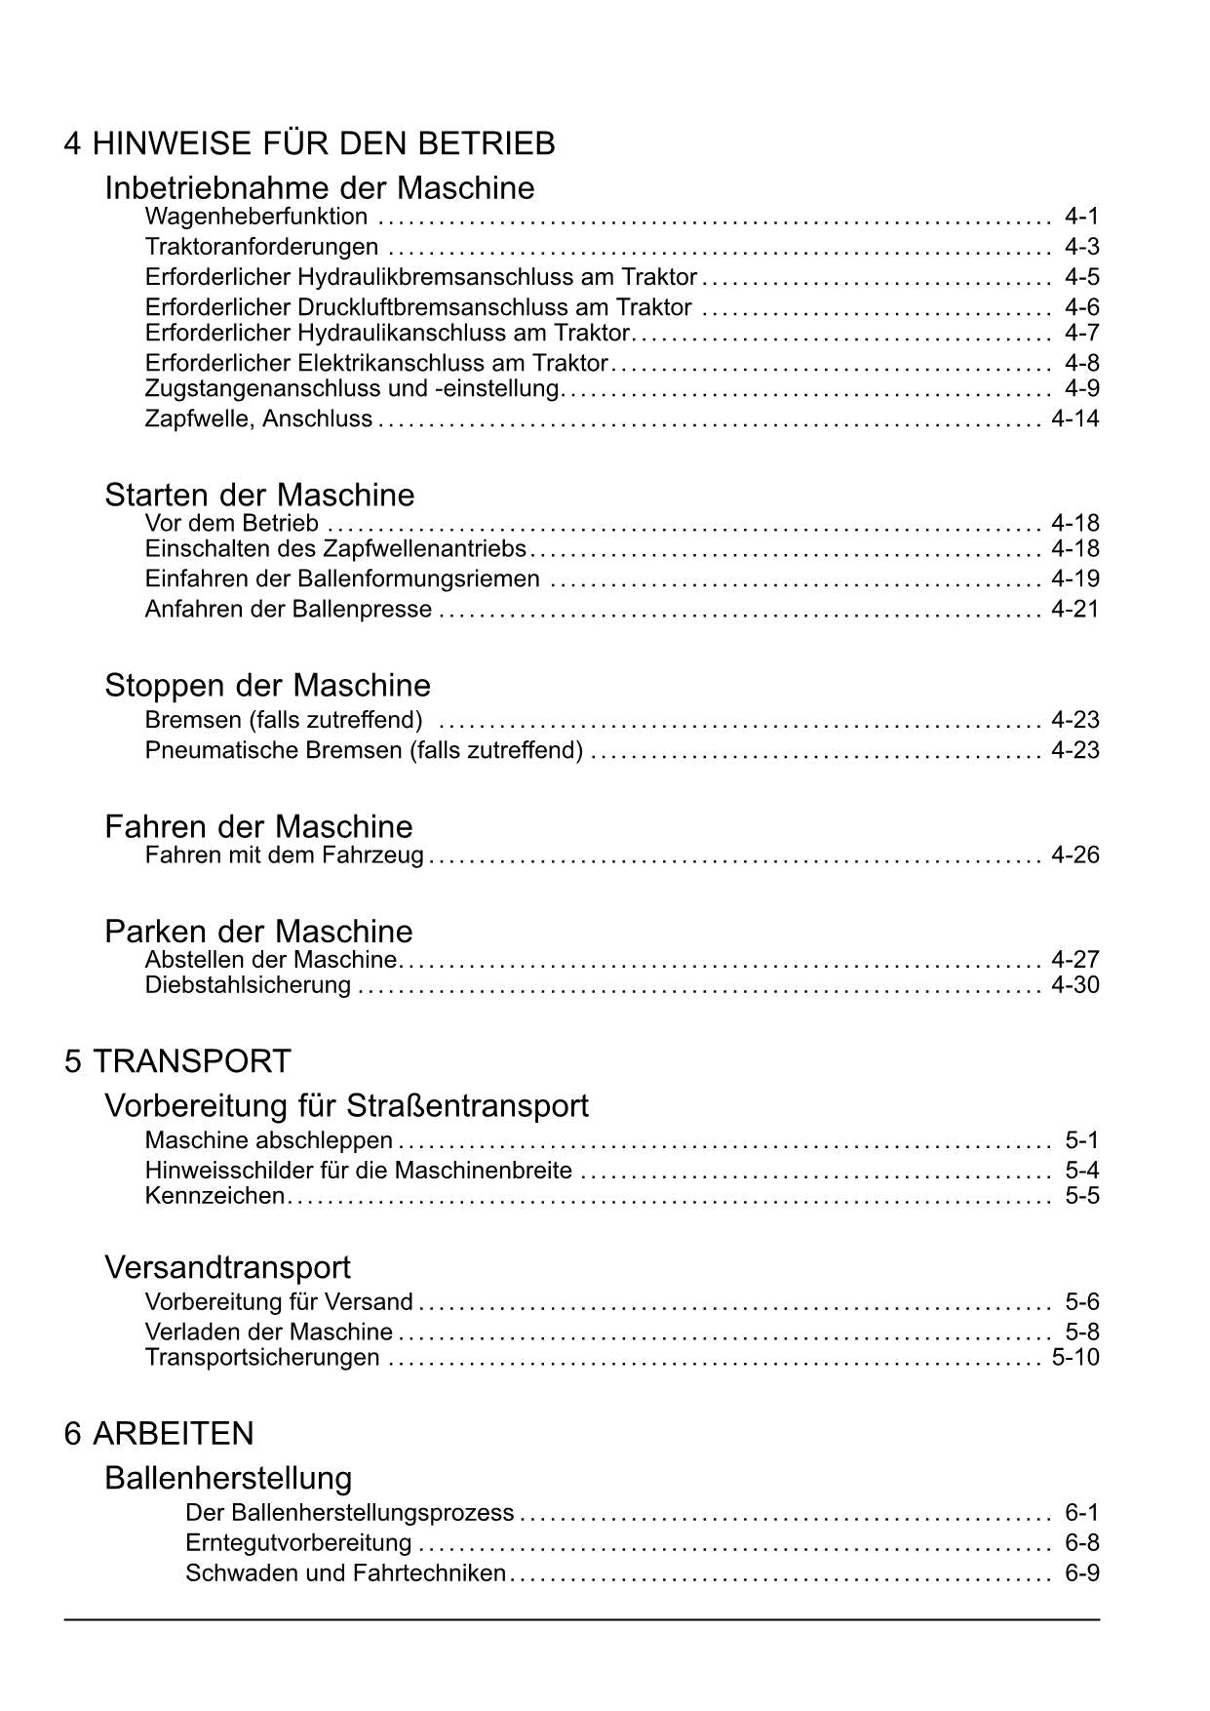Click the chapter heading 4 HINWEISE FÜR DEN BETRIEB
(x=309, y=144)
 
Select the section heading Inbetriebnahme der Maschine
(x=320, y=187)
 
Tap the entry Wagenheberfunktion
(x=256, y=217)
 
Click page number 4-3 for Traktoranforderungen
(x=1081, y=247)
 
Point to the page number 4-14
(x=1074, y=419)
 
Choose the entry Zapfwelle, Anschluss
(x=258, y=419)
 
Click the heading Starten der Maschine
(x=259, y=495)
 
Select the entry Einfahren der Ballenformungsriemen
(x=342, y=579)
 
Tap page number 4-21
(x=1074, y=610)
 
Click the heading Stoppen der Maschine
(x=267, y=686)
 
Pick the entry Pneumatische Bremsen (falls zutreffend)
(x=364, y=751)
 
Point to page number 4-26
(x=1074, y=855)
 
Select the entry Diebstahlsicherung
(x=248, y=985)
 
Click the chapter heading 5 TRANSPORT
(x=177, y=1061)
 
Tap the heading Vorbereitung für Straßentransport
(x=346, y=1106)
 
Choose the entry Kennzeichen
(x=215, y=1196)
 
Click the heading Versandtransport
(x=227, y=1268)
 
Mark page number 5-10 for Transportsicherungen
(x=1074, y=1358)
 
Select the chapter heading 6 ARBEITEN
(x=159, y=1434)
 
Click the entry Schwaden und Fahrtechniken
(x=345, y=1573)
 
